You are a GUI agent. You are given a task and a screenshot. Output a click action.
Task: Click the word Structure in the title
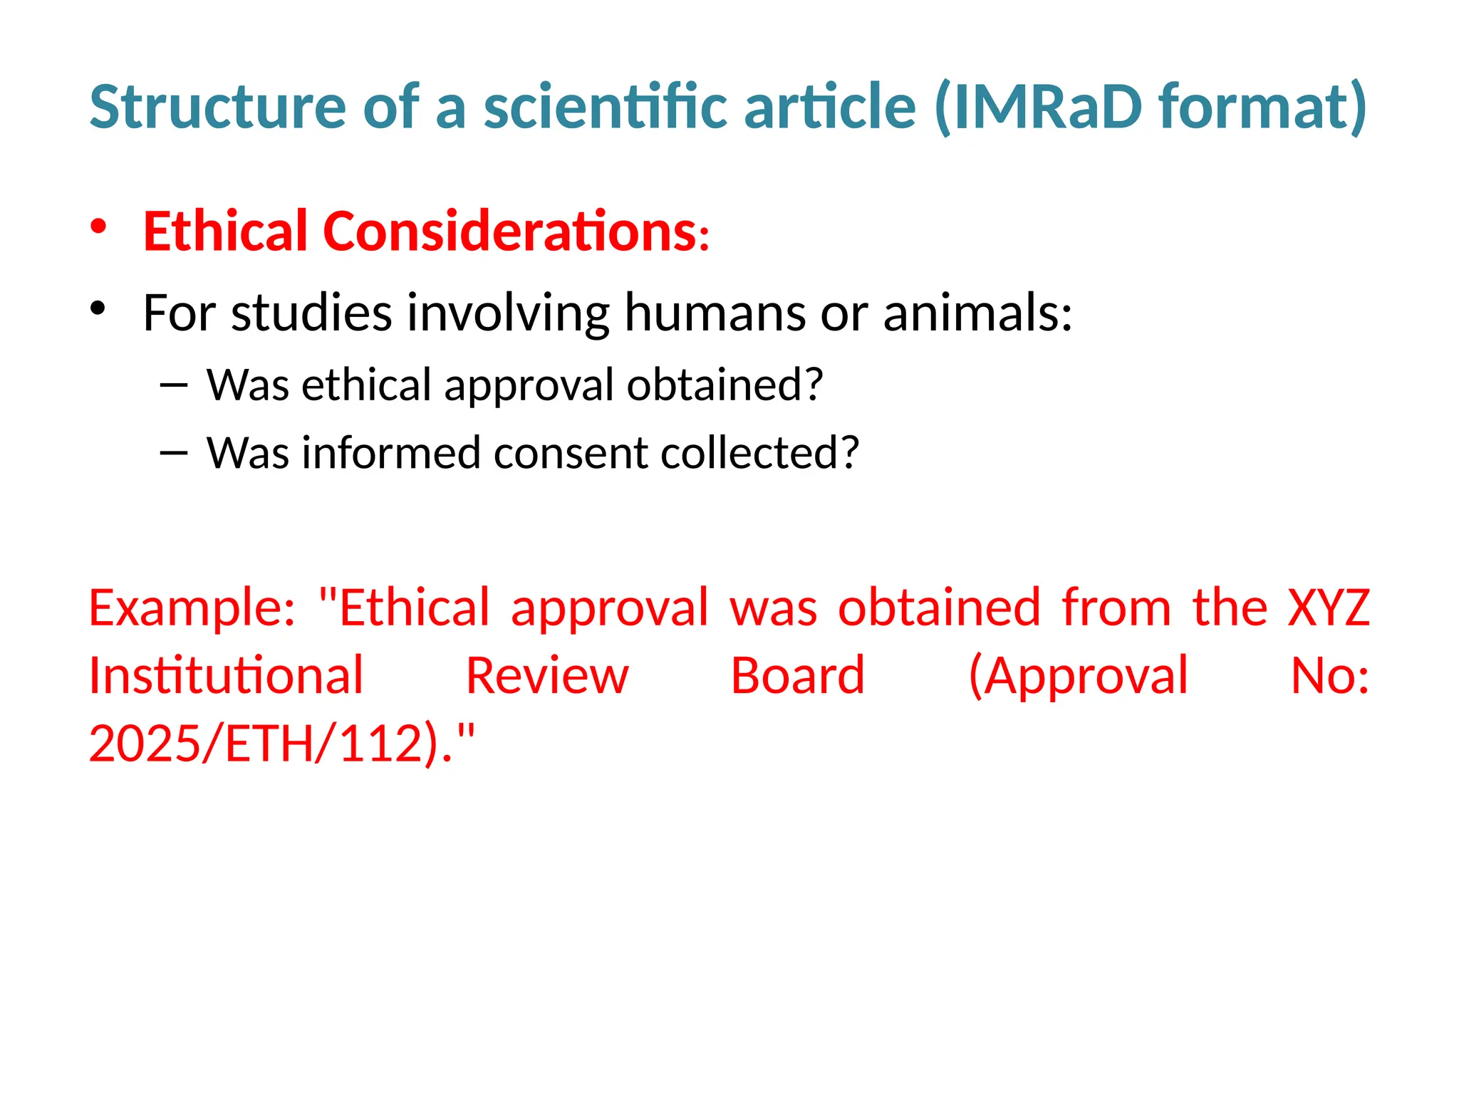click(x=217, y=107)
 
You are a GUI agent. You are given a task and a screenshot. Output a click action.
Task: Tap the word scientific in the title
click(x=606, y=107)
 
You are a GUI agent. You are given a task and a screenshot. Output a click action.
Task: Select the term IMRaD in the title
click(x=1047, y=107)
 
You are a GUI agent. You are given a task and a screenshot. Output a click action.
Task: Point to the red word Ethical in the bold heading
click(x=228, y=231)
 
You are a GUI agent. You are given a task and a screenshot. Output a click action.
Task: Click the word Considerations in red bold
click(x=510, y=231)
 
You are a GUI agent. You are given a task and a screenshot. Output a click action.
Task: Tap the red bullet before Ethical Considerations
click(x=98, y=227)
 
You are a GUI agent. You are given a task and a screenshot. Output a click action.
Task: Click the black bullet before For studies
click(x=98, y=308)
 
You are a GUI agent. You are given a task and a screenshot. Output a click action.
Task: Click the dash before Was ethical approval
click(x=175, y=386)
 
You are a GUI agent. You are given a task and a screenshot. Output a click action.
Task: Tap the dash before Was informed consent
click(x=175, y=454)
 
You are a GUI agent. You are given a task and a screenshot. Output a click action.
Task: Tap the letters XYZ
click(x=1329, y=608)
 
